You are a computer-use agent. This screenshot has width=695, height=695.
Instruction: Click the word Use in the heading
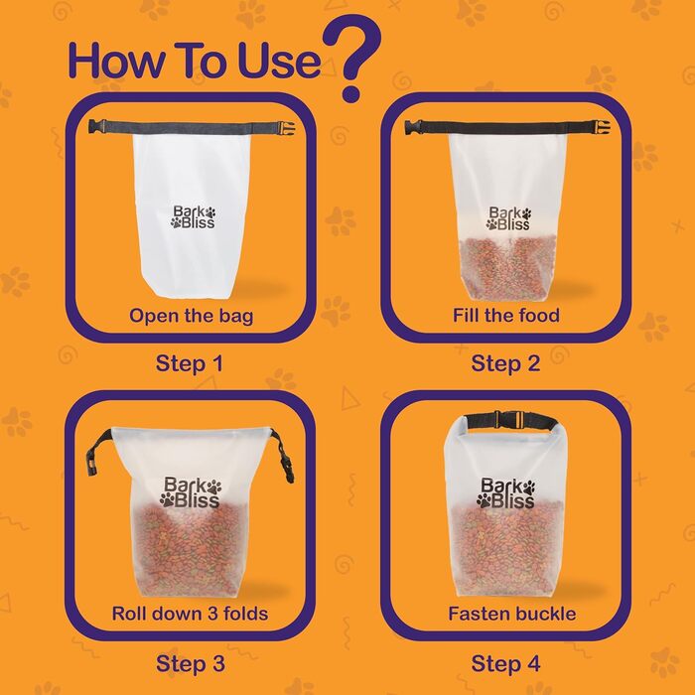pos(279,61)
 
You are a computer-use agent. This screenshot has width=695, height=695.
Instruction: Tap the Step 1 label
pos(190,364)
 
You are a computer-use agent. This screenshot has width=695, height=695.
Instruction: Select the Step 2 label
pos(505,364)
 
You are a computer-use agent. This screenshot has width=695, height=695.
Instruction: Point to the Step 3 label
pos(191,664)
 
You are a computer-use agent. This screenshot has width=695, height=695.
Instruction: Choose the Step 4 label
pos(505,664)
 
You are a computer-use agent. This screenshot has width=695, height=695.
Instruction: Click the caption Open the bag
pos(191,316)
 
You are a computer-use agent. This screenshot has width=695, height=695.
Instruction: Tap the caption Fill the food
pos(506,315)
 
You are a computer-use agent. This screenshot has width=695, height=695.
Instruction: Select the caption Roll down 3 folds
pos(191,614)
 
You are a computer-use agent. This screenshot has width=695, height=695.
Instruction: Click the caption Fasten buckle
pos(512,614)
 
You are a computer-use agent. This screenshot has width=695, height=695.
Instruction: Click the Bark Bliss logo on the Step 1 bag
pos(194,216)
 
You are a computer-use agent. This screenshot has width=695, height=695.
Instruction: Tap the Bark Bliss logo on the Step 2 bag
pos(508,218)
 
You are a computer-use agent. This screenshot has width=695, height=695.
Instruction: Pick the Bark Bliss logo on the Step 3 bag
pos(191,492)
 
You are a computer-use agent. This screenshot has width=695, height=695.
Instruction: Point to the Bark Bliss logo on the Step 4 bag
pos(505,492)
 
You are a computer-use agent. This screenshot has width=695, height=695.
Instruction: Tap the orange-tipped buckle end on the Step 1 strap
pos(286,127)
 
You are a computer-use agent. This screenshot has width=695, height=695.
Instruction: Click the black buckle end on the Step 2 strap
pos(413,127)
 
